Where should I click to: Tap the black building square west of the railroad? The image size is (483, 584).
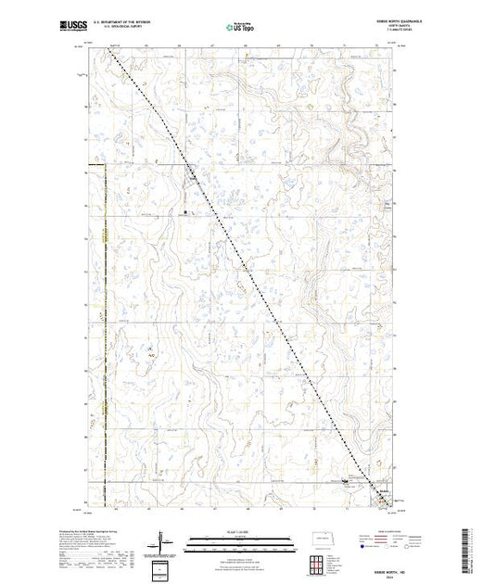point(185,214)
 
